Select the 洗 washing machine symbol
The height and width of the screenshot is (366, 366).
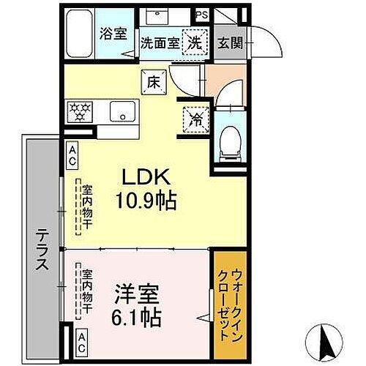click(x=195, y=42)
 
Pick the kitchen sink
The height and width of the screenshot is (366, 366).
click(x=120, y=112)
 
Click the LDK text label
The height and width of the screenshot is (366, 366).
click(x=152, y=179)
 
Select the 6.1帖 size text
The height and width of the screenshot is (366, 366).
click(x=136, y=321)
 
